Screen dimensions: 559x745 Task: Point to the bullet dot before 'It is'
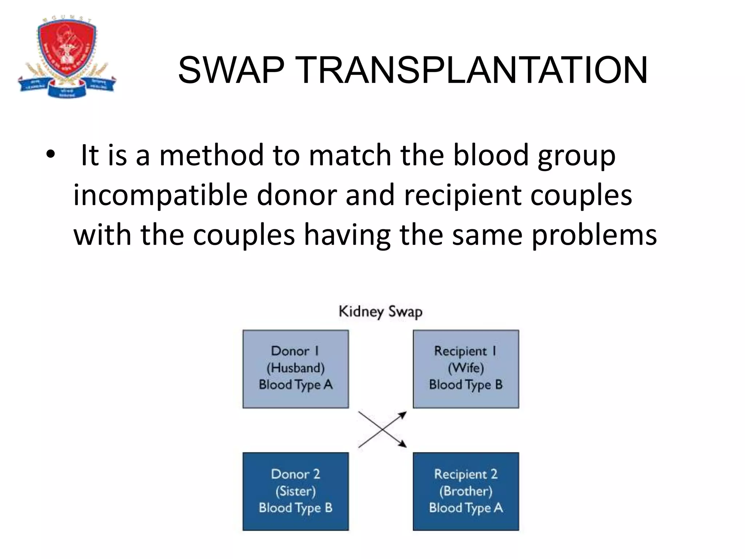51,155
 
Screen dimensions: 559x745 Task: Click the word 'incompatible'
160,195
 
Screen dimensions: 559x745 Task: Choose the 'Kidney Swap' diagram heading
381,312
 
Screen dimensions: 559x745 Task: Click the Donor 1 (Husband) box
296,369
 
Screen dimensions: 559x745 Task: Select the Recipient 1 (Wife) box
466,369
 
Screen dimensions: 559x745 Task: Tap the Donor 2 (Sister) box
296,491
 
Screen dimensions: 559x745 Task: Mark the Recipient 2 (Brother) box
466,491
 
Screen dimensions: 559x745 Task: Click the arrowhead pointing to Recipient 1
403,415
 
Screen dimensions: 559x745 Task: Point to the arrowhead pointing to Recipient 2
403,444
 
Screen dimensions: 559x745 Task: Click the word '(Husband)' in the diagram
296,368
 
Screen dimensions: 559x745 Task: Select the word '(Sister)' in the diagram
296,491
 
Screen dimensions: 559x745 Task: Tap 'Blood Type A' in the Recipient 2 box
466,508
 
